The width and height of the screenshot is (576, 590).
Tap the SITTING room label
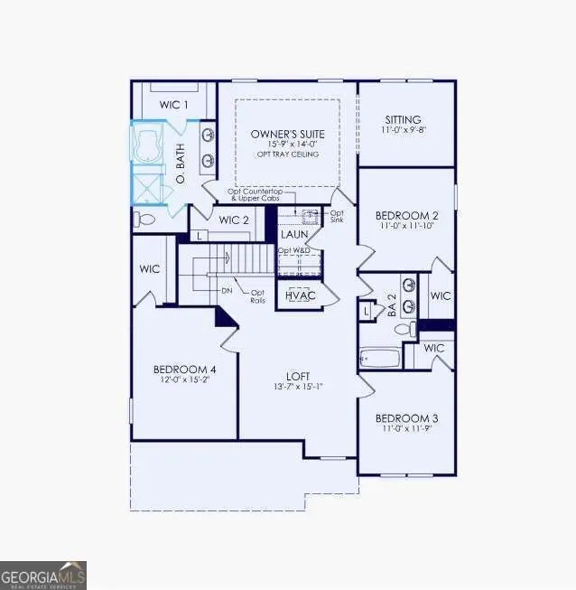(x=403, y=119)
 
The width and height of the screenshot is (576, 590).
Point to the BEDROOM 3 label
(x=406, y=418)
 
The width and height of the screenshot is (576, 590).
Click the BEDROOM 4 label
(x=183, y=369)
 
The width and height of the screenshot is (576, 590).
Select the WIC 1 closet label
(x=173, y=106)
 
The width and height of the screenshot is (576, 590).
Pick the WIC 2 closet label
(x=233, y=220)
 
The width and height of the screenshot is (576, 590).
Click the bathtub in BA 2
(x=379, y=359)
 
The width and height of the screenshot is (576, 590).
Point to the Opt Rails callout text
(x=257, y=296)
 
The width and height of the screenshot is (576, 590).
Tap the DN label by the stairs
(x=228, y=292)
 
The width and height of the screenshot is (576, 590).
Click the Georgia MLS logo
(x=43, y=575)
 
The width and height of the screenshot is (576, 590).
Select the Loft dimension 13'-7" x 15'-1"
(x=298, y=387)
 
